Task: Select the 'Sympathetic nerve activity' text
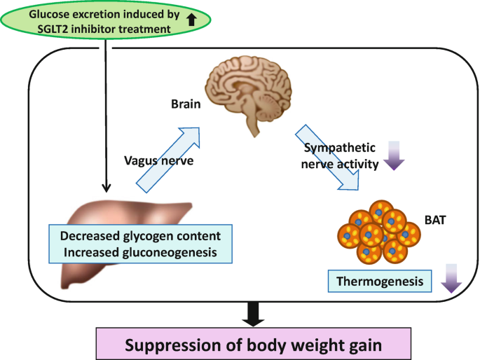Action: [340, 156]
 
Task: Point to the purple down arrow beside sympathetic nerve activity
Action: [392, 155]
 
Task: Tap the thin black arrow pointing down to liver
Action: [105, 119]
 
